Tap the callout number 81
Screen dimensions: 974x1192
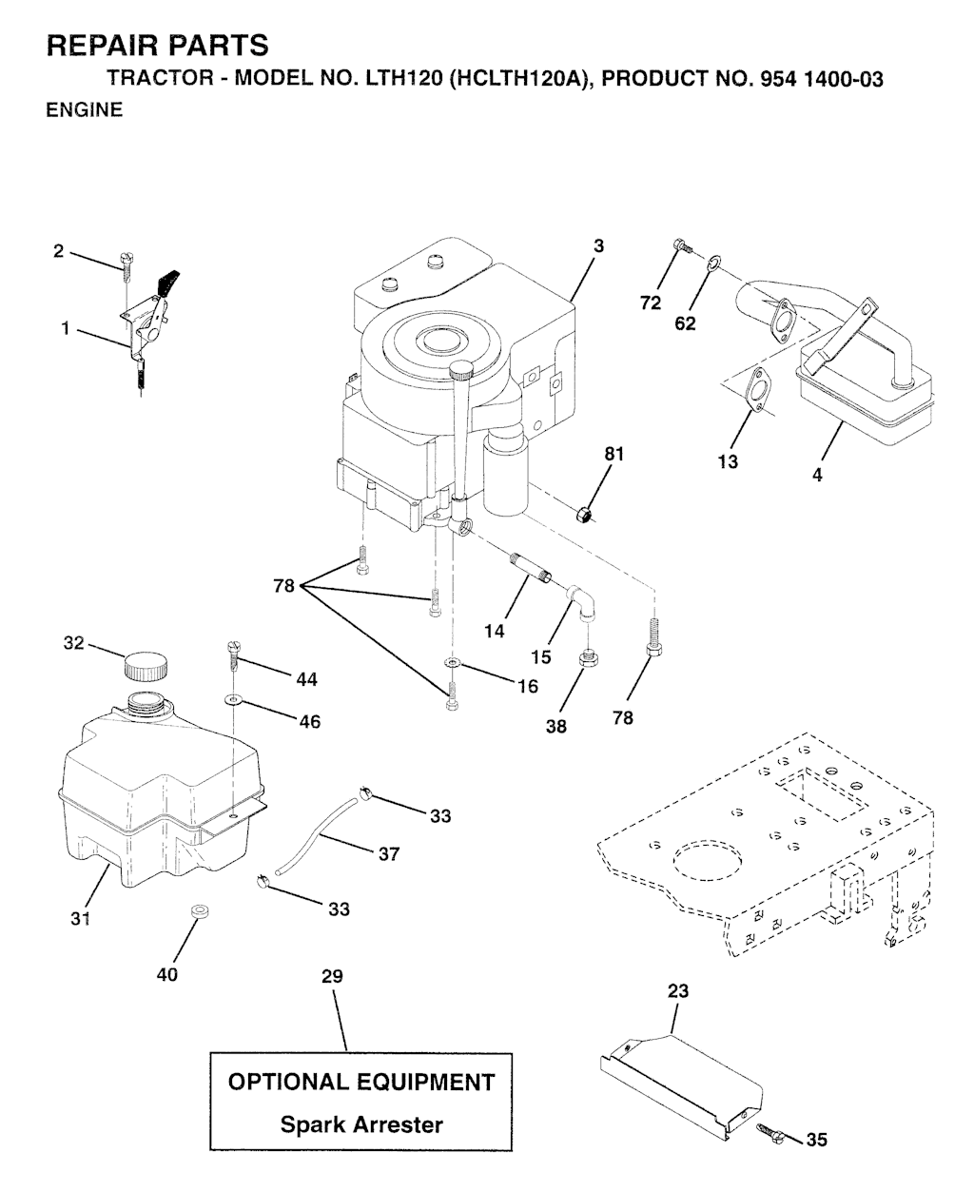tap(614, 454)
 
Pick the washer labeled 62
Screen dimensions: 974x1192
tap(713, 261)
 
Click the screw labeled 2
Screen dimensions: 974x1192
tap(127, 265)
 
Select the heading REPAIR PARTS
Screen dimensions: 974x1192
tap(158, 46)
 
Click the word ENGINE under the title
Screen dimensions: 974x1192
tap(85, 109)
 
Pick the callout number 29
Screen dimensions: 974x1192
tap(332, 976)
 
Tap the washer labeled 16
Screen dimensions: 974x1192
tap(452, 661)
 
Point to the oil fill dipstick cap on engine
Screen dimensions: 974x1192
tap(460, 370)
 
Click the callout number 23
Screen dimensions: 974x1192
tap(678, 990)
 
